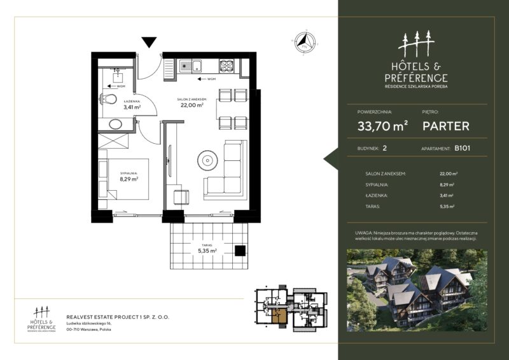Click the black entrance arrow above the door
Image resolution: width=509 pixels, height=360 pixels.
[x=149, y=43]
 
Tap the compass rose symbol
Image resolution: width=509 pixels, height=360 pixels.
[x=304, y=43]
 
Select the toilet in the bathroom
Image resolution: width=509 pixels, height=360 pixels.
[x=109, y=99]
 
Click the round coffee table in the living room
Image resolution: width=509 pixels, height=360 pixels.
[x=207, y=160]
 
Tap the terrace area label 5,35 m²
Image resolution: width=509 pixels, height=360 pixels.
[x=207, y=251]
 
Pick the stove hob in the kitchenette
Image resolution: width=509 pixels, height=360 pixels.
[x=227, y=65]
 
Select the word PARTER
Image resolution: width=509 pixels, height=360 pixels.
[x=446, y=126]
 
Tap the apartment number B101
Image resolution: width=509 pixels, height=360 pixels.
[x=462, y=148]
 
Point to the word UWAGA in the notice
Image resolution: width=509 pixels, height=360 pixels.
[x=364, y=233]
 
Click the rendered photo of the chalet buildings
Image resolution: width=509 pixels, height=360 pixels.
[x=417, y=289]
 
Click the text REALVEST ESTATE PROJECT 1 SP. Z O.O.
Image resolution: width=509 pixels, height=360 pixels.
[x=118, y=315]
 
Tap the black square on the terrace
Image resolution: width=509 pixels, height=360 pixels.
[x=241, y=250]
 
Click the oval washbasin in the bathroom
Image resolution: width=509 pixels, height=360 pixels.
[x=116, y=124]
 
